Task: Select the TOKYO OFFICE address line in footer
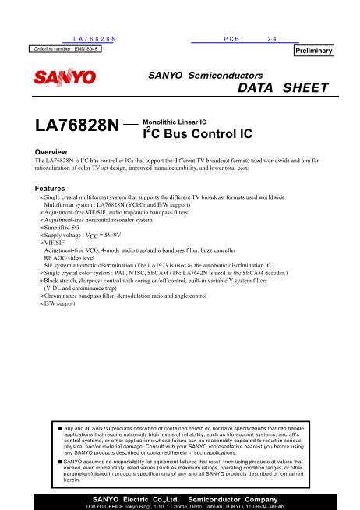pos(180,505)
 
